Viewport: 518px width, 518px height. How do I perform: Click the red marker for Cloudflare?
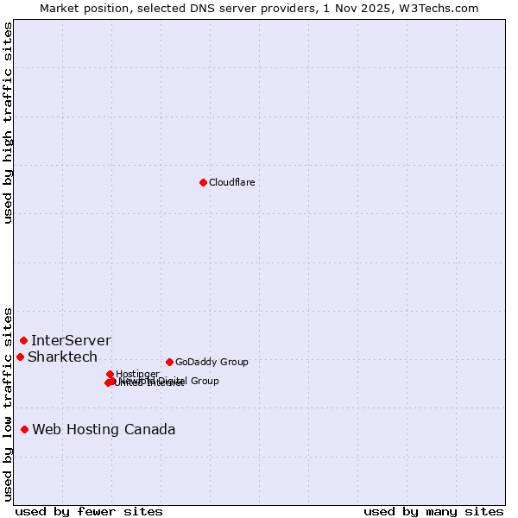click(x=203, y=182)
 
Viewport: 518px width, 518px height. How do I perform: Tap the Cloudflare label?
click(x=231, y=182)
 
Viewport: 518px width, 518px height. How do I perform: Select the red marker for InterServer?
click(x=23, y=340)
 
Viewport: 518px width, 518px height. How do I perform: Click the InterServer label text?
click(x=71, y=340)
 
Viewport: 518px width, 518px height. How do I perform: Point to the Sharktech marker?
click(x=20, y=357)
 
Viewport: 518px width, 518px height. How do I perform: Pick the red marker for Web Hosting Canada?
click(x=25, y=429)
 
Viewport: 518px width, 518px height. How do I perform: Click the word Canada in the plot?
click(x=150, y=429)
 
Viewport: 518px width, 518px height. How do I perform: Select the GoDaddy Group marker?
click(x=169, y=362)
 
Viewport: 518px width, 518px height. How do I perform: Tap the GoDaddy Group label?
click(x=212, y=362)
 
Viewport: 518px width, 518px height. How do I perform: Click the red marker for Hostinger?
click(x=111, y=374)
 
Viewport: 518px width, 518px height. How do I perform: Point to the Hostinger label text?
click(x=137, y=374)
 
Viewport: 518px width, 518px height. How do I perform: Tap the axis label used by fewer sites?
click(x=89, y=512)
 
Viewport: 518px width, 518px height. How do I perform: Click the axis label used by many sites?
click(x=433, y=512)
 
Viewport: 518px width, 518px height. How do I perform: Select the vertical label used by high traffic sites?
click(x=8, y=123)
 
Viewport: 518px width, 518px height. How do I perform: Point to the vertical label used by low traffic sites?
click(x=8, y=403)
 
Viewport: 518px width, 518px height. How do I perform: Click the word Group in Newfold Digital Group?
click(x=204, y=381)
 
